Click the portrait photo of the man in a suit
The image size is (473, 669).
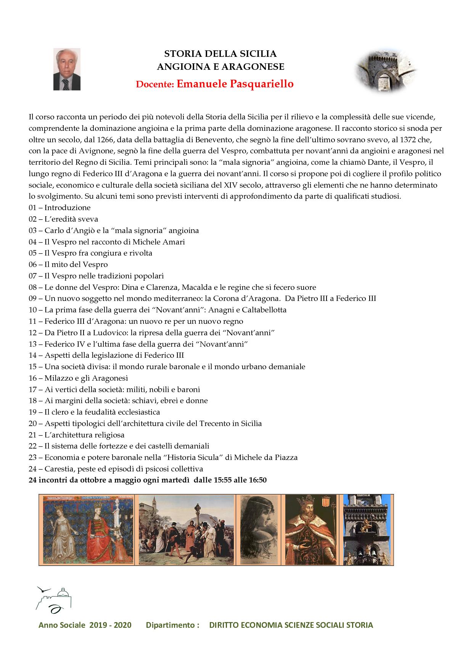67,69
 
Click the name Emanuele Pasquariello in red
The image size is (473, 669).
235,84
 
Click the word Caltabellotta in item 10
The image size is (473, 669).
264,310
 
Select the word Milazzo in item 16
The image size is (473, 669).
58,378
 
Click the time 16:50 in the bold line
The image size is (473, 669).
257,480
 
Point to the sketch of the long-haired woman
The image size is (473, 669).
258,530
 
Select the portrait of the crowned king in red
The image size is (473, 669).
311,530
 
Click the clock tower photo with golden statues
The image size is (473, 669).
368,530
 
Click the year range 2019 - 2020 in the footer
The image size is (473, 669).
111,625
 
